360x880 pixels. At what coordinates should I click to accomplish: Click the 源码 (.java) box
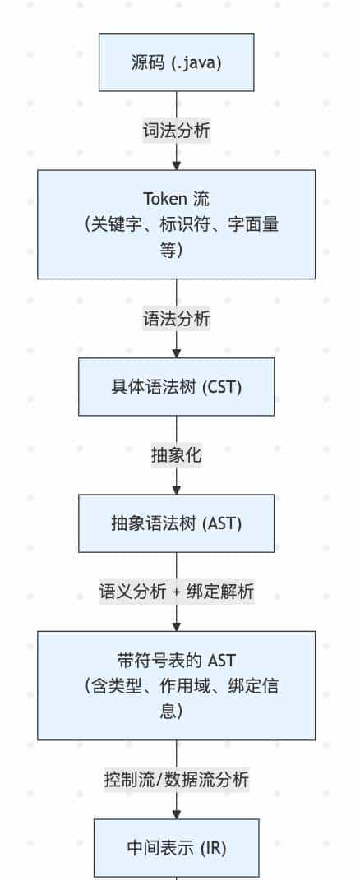point(176,62)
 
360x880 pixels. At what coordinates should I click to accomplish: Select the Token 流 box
point(176,224)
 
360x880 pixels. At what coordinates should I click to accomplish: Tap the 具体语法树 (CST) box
point(176,387)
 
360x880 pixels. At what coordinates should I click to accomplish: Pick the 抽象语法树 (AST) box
point(176,523)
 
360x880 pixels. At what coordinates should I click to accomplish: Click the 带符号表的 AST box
point(176,685)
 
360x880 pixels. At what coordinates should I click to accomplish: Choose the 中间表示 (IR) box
point(176,847)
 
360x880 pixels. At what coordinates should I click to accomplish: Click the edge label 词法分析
point(176,131)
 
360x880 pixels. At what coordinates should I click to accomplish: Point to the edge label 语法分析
point(176,320)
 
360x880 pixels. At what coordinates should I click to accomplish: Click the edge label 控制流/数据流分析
point(176,779)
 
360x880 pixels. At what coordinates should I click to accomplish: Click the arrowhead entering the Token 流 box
point(176,165)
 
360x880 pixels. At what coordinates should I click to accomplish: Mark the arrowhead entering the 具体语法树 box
point(176,353)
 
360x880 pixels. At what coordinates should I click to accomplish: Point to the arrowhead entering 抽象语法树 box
point(176,490)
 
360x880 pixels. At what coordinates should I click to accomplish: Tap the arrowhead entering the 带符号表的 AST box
point(176,627)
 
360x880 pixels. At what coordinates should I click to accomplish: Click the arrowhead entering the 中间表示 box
point(176,814)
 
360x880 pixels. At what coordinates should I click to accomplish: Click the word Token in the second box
point(165,199)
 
